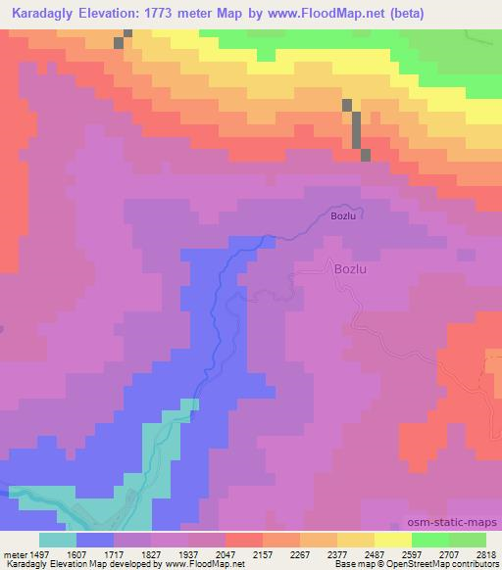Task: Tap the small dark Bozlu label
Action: (x=342, y=216)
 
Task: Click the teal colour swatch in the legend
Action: (x=57, y=540)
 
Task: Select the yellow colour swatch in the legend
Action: (x=392, y=540)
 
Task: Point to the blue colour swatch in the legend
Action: (x=94, y=540)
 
